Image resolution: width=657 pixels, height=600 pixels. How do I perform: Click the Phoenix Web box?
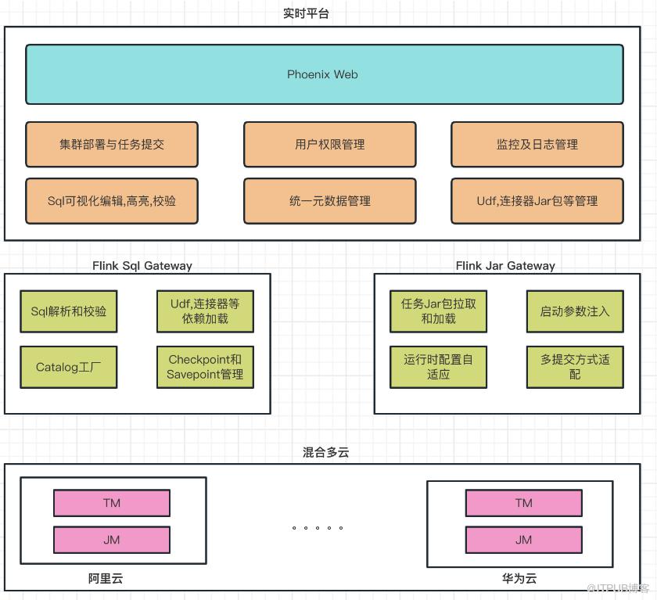coord(324,74)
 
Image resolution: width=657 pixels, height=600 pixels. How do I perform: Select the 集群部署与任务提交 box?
coord(112,145)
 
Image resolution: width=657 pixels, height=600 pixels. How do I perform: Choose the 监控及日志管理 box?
coord(537,145)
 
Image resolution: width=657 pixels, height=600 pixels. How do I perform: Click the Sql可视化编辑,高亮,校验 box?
coord(112,201)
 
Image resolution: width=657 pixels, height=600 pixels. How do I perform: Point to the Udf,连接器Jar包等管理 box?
coord(537,201)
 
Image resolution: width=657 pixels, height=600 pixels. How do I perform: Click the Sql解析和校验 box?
coord(69,311)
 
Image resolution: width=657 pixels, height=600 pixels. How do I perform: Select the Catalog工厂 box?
coord(69,367)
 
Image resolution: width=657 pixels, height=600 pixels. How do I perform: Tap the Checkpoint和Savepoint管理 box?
coord(205,367)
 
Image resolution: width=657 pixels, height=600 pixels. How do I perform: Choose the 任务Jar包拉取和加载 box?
coord(438,311)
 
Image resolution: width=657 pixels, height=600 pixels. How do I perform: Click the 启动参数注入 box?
coord(575,311)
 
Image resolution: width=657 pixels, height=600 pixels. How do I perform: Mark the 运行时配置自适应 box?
coord(438,367)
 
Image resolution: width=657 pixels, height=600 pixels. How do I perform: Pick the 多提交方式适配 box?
coord(575,367)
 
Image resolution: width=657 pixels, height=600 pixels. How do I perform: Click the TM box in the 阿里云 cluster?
coord(112,503)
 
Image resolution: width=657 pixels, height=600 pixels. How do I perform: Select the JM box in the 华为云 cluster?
coord(523,540)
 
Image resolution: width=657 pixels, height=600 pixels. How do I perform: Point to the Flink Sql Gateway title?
coord(142,266)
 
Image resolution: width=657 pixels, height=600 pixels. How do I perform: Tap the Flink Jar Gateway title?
coord(505,266)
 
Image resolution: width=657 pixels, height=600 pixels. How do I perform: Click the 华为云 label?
coord(519,579)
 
